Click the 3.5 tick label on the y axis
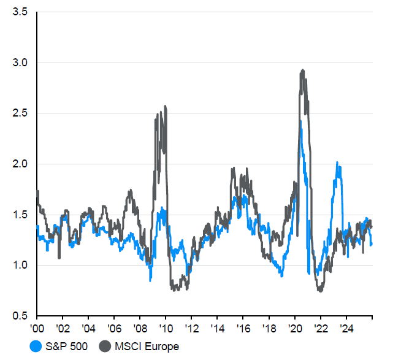(x=20, y=12)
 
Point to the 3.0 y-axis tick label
(x=20, y=63)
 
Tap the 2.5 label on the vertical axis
(x=20, y=113)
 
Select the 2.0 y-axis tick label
(x=20, y=164)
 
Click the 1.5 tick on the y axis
(x=20, y=215)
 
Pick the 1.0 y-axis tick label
(x=20, y=265)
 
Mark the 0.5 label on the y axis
(x=20, y=316)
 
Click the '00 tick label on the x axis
(x=37, y=327)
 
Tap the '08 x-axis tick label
(x=140, y=327)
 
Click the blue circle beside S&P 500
(x=37, y=347)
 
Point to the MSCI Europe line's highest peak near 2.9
(x=302, y=71)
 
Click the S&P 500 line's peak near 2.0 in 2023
(x=337, y=163)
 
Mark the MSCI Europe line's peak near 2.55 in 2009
(x=166, y=107)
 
